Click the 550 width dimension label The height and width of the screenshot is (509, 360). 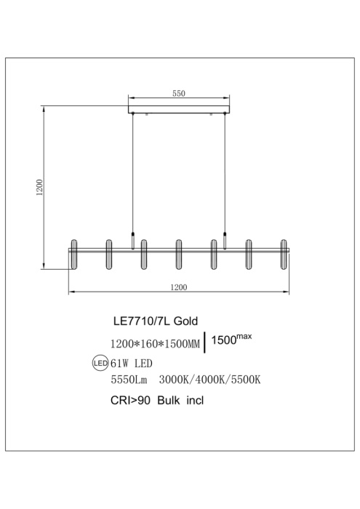178,94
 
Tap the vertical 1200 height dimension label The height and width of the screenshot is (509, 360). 39,188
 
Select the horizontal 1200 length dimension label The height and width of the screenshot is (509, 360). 179,287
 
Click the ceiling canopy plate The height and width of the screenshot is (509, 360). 179,109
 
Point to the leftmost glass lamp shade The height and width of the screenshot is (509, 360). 74,254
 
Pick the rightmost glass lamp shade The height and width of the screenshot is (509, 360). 284,254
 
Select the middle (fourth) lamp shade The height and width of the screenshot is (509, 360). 178,254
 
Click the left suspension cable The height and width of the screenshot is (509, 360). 133,173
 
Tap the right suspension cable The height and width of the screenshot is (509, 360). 225,173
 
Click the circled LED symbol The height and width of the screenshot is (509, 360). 100,364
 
